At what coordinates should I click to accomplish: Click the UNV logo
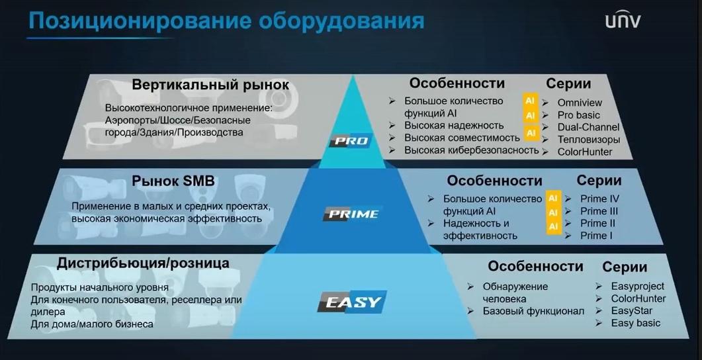click(x=623, y=21)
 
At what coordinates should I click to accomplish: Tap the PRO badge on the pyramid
click(x=351, y=141)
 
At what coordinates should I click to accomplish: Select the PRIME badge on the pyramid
click(x=353, y=214)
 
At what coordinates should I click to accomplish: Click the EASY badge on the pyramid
click(x=352, y=302)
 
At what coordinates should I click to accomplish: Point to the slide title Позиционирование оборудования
click(x=226, y=21)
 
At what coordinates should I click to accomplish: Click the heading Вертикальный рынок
click(x=210, y=85)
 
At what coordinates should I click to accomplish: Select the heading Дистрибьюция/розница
click(x=143, y=263)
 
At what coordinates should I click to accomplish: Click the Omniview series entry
click(x=580, y=103)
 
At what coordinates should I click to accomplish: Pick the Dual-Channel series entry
click(x=588, y=127)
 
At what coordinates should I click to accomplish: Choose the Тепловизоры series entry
click(x=588, y=140)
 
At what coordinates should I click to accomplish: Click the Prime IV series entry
click(x=599, y=199)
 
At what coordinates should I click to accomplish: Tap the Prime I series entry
click(x=596, y=236)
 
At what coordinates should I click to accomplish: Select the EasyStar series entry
click(x=632, y=311)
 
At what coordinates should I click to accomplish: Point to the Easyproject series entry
click(x=638, y=286)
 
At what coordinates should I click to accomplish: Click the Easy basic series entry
click(x=635, y=323)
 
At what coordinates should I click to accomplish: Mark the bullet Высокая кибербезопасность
click(x=472, y=150)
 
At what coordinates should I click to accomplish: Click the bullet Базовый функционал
click(x=533, y=311)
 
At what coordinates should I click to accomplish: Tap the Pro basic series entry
click(x=578, y=115)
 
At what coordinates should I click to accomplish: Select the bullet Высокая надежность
click(x=454, y=125)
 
